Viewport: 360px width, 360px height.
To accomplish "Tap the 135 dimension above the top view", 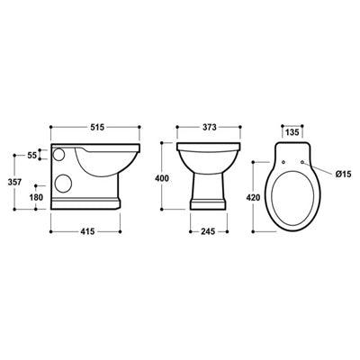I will [x=292, y=131].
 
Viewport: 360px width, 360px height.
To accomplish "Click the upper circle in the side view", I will [x=60, y=155].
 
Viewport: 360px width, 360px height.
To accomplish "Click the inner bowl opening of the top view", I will [x=292, y=198].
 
